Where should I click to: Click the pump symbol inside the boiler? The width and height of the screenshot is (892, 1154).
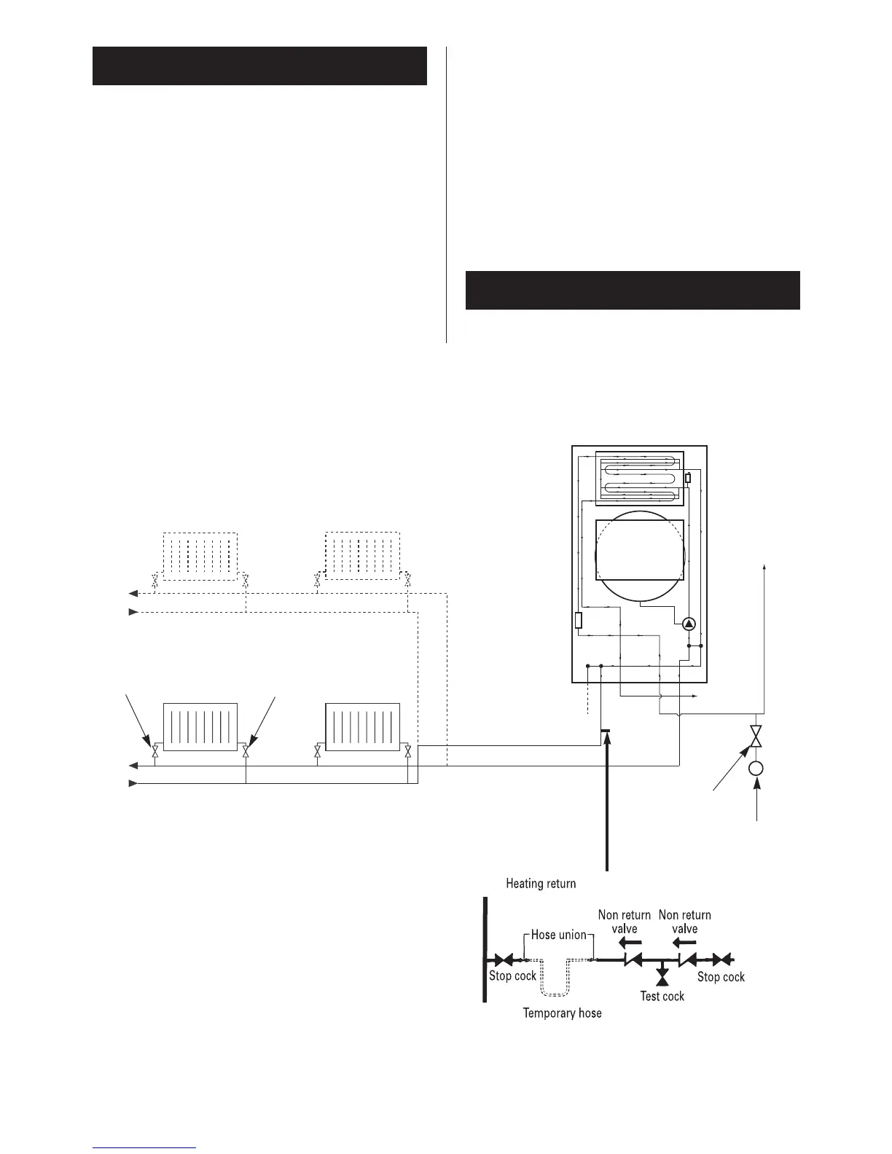(x=689, y=624)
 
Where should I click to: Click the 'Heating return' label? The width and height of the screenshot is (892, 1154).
(x=541, y=884)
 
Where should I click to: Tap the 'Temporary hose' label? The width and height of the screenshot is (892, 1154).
(x=562, y=1013)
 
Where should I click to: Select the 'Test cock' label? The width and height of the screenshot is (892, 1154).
(x=662, y=996)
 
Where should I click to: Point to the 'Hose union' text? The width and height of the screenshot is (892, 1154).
(x=558, y=935)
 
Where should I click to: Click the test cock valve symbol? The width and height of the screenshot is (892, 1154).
(x=662, y=973)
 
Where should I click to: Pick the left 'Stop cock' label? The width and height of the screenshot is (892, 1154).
(x=512, y=976)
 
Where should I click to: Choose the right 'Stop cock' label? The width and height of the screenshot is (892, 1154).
(x=721, y=976)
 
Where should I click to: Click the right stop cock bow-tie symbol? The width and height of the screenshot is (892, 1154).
(x=721, y=960)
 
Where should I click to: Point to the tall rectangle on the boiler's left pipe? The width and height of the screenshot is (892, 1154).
(x=579, y=621)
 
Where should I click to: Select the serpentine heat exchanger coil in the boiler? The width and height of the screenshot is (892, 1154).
(x=640, y=478)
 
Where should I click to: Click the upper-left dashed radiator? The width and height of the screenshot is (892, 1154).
(x=200, y=556)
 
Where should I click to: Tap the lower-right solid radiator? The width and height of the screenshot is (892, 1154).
(x=363, y=726)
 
